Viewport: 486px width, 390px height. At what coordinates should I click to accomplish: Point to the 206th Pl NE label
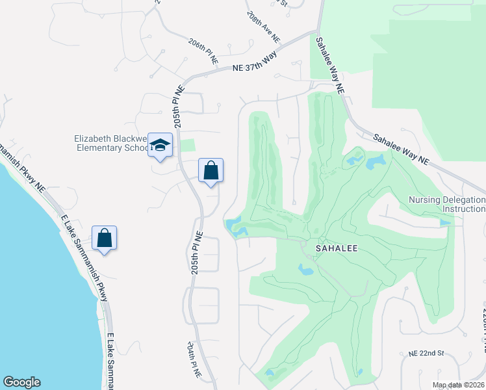[x=203, y=51]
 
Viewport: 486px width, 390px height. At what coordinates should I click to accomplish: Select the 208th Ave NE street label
[x=262, y=27]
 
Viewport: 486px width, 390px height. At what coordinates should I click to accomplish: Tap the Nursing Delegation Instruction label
[x=447, y=204]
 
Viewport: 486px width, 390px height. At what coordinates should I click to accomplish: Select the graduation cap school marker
[x=160, y=146]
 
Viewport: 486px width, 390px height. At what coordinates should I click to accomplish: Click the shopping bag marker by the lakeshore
[x=104, y=238]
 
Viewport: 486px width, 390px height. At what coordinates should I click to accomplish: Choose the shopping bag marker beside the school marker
[x=211, y=171]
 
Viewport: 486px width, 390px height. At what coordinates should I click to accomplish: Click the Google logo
[x=21, y=382]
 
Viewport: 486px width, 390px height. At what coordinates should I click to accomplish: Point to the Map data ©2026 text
[x=458, y=385]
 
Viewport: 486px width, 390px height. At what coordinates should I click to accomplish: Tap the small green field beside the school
[x=187, y=146]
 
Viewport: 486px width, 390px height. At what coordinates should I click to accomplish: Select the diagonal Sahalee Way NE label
[x=401, y=148]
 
